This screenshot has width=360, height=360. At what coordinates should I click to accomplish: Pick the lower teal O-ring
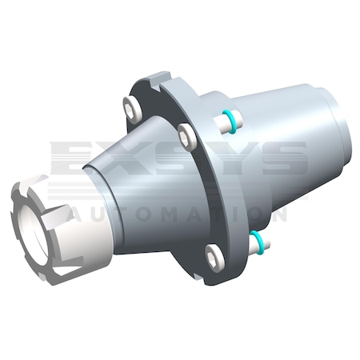[258, 239]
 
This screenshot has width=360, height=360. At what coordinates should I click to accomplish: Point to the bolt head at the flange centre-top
[186, 135]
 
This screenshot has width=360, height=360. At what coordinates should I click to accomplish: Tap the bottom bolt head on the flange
[215, 257]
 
